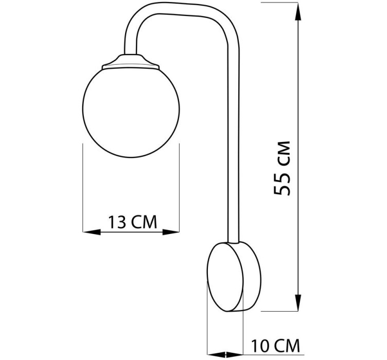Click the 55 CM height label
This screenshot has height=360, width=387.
pyautogui.click(x=282, y=168)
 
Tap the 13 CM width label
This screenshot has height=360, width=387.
pyautogui.click(x=133, y=222)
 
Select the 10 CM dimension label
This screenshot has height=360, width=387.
pyautogui.click(x=275, y=346)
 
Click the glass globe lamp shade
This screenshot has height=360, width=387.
pyautogui.click(x=131, y=113)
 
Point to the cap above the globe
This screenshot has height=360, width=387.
pyautogui.click(x=131, y=62)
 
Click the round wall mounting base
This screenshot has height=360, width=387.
pyautogui.click(x=234, y=276)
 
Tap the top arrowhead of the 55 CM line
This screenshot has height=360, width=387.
pyautogui.click(x=298, y=12)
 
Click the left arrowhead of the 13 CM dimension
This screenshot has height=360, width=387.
pyautogui.click(x=92, y=232)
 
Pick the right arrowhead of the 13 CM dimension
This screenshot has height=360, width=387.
pyautogui.click(x=170, y=232)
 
